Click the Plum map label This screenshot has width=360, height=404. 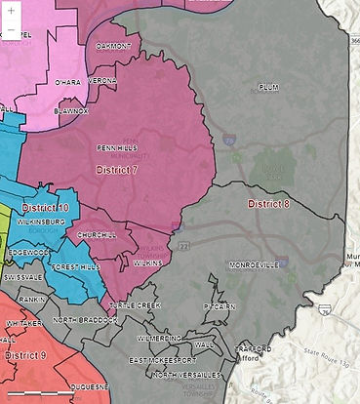point(268,87)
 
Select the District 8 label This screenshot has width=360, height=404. point(268,204)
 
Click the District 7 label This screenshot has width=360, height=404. point(117,170)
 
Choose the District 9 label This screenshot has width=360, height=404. point(25,355)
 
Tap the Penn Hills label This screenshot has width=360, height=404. point(117,148)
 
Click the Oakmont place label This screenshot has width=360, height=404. point(113,46)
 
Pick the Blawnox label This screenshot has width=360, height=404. point(71,110)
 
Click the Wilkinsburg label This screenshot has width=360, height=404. point(39,222)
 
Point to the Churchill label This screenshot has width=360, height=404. point(97,235)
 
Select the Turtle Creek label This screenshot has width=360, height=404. point(134,305)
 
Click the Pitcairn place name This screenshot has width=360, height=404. point(220,306)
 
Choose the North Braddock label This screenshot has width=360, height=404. point(85,320)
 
